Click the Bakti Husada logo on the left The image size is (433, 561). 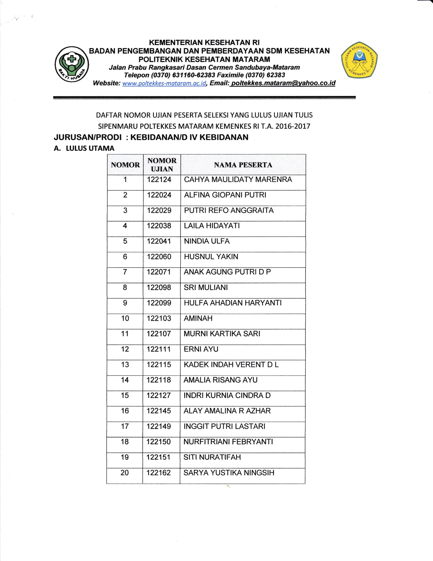(x=72, y=64)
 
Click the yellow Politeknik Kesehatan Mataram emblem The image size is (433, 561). (x=359, y=60)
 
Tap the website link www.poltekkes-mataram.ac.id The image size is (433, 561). (x=164, y=83)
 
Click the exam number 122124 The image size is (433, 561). (x=159, y=179)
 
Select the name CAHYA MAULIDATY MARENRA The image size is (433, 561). (x=238, y=179)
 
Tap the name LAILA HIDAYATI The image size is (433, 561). (x=212, y=226)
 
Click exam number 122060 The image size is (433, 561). (x=159, y=257)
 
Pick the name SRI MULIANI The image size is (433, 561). (x=206, y=288)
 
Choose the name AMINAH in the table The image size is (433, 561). (x=198, y=318)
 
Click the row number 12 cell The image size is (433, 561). (x=125, y=349)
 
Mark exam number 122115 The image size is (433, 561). (x=159, y=364)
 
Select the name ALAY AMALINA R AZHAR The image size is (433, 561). (x=227, y=411)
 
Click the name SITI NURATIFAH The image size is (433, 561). (x=212, y=457)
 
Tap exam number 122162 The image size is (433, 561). (x=159, y=473)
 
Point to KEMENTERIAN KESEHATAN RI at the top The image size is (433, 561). (x=204, y=42)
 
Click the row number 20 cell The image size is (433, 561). (x=125, y=473)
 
